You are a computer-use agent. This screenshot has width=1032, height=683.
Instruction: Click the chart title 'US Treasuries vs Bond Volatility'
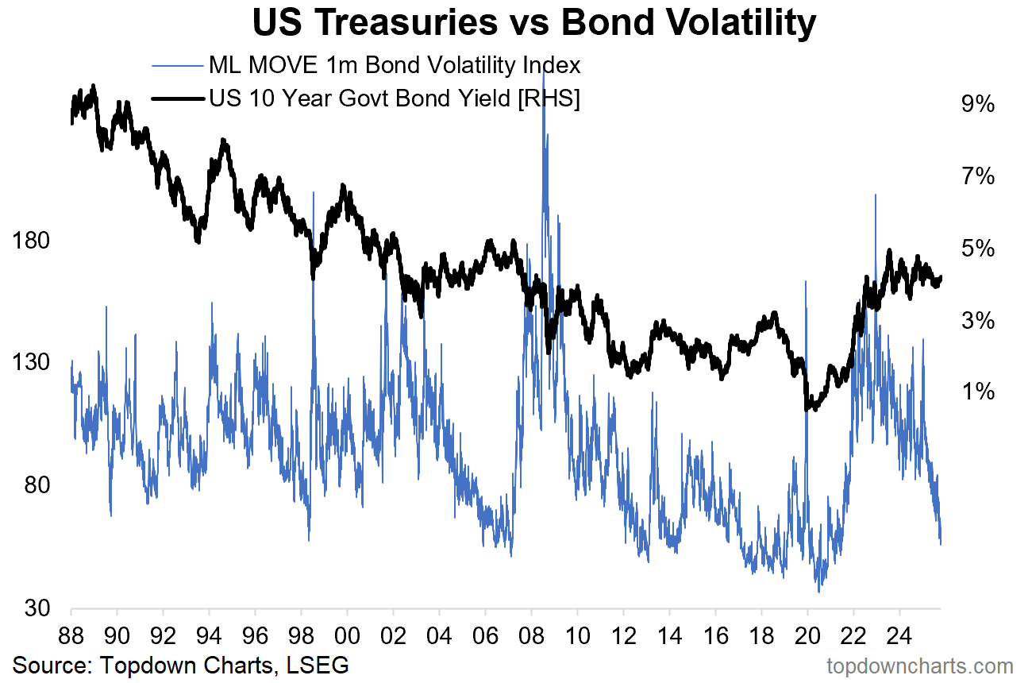[533, 24]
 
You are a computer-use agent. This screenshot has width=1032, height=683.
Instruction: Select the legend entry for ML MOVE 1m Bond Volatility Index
[394, 64]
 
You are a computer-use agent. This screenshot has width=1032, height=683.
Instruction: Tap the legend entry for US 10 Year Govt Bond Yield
[394, 98]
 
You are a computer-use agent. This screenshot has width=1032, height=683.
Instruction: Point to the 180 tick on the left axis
[34, 241]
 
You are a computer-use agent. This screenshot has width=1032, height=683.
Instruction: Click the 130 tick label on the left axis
[34, 363]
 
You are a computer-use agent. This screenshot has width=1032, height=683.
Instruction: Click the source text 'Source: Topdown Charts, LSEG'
[181, 665]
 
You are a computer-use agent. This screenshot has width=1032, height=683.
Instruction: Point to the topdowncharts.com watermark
[920, 666]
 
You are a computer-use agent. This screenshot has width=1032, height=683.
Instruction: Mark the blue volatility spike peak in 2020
[806, 281]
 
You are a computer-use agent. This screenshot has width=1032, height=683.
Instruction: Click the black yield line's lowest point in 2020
[807, 410]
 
